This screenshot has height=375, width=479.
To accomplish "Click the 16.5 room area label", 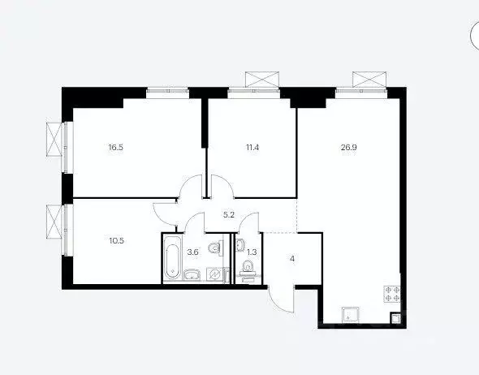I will [x=117, y=149].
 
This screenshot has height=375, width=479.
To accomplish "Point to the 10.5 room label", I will [x=117, y=239].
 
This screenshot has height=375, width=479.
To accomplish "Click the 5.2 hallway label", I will [x=230, y=215].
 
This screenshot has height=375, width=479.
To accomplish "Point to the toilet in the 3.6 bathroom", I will [x=214, y=248].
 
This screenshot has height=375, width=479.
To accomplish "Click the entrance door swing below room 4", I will [x=281, y=298].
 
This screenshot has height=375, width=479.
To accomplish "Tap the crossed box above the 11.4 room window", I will [x=261, y=80].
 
